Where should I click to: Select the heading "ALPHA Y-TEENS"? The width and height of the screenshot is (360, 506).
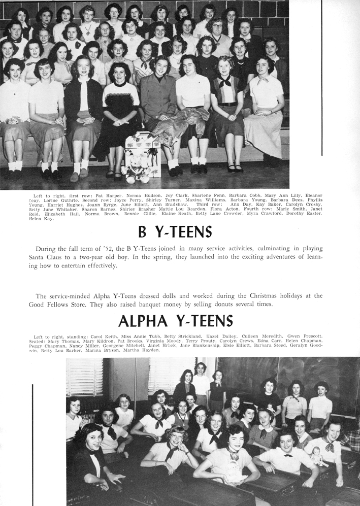pos(175,321)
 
